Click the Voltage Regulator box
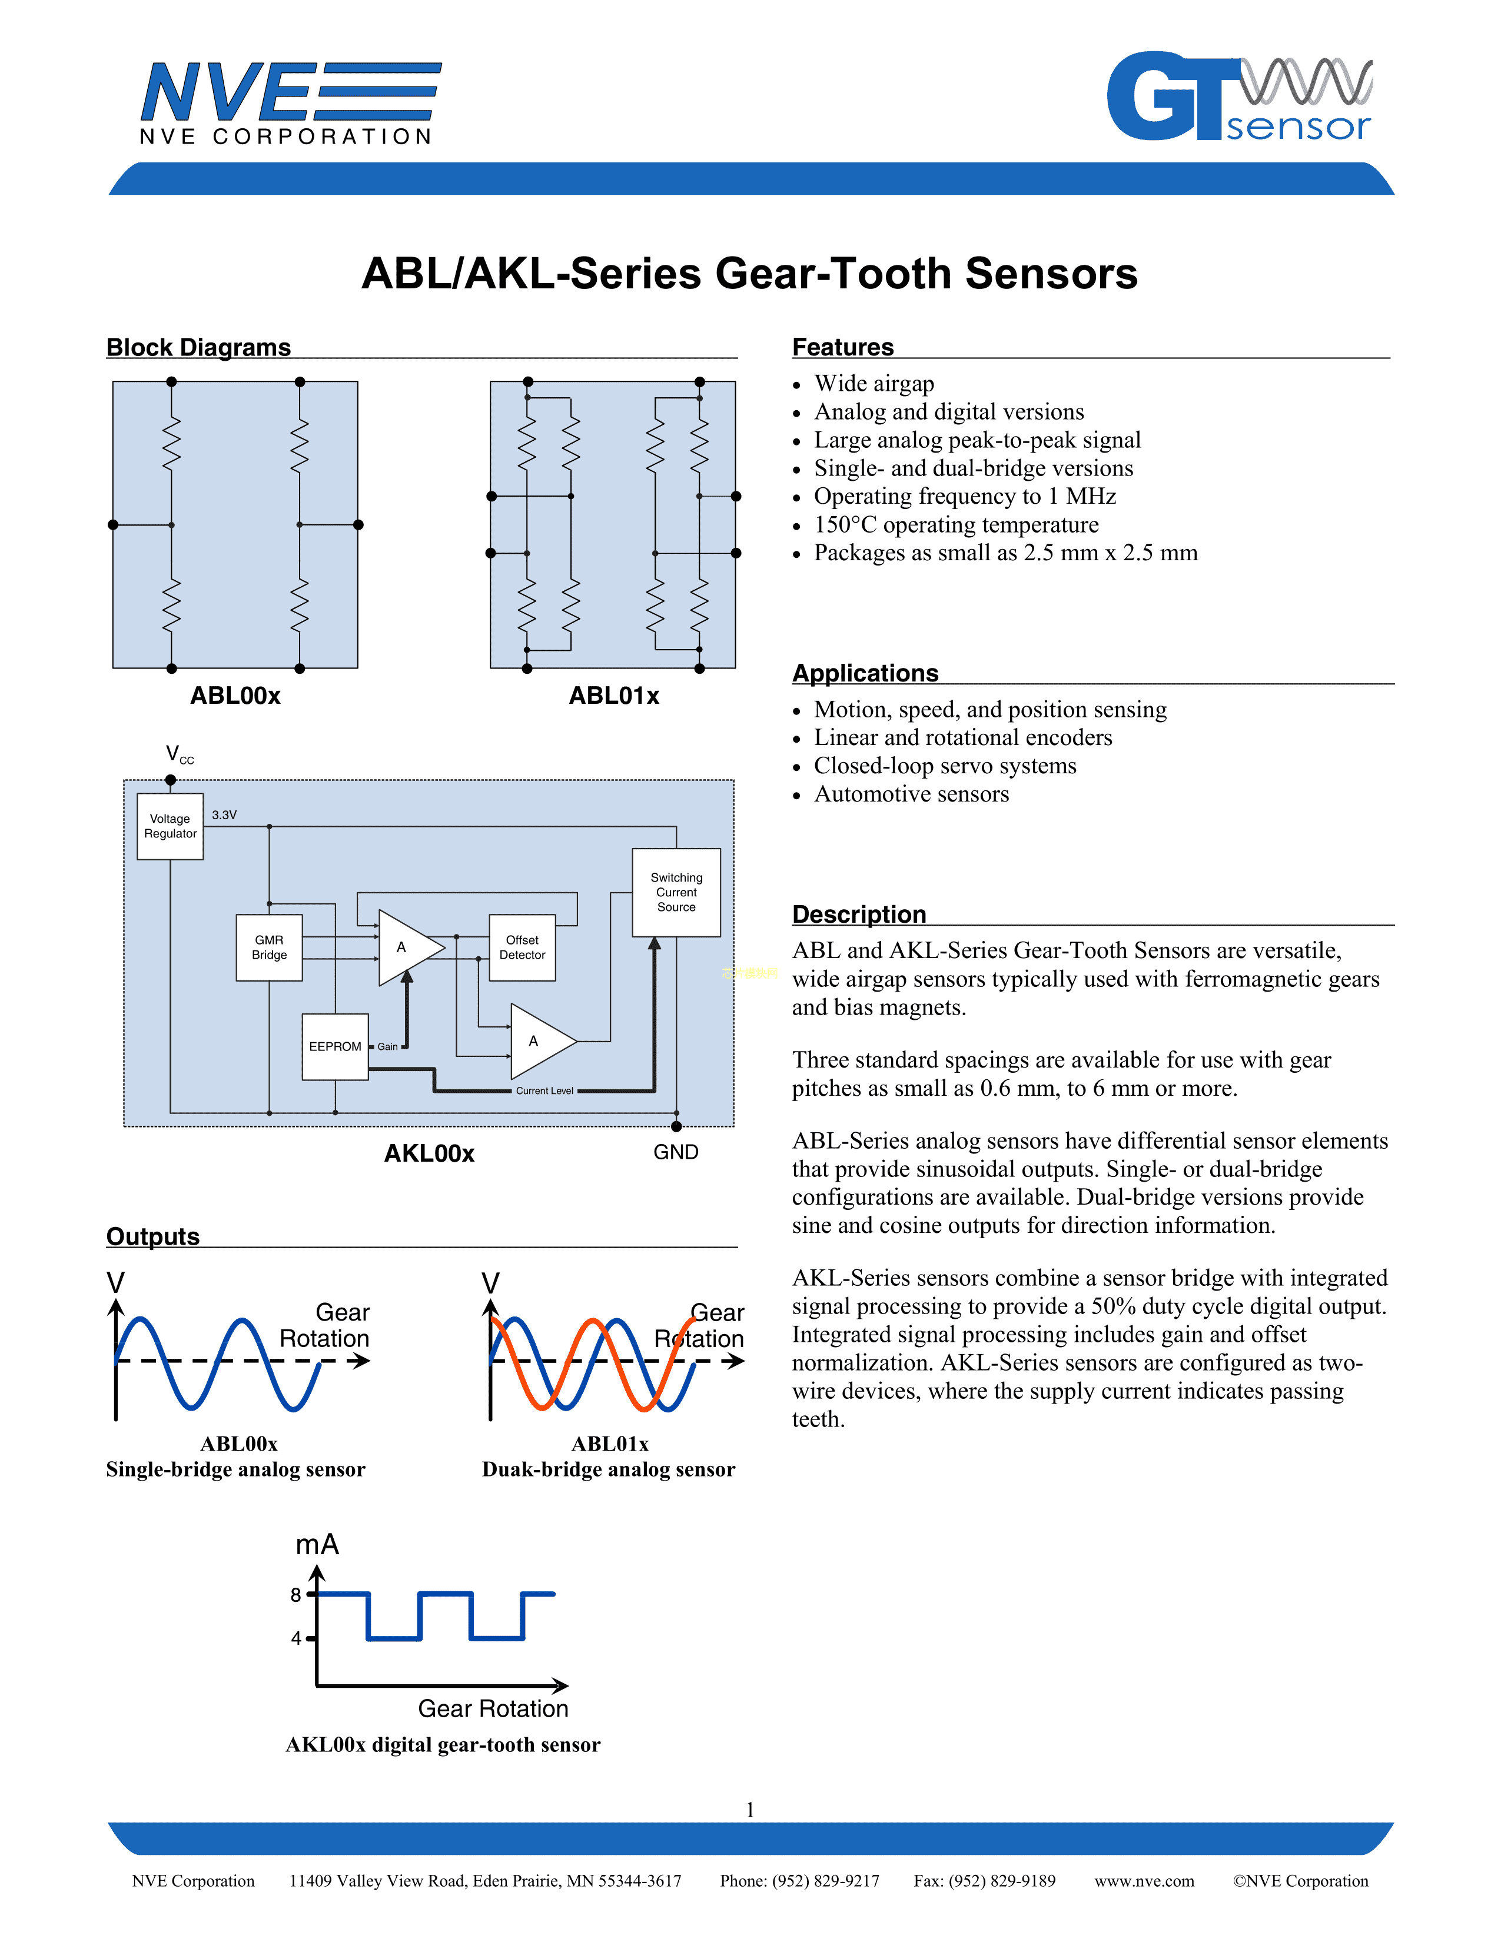point(170,826)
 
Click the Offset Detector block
point(522,947)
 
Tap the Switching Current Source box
point(676,892)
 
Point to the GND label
point(676,1152)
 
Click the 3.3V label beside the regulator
point(224,814)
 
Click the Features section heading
point(843,347)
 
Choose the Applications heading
point(865,673)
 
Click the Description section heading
point(859,914)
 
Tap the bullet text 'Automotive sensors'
point(911,794)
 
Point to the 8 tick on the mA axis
point(296,1595)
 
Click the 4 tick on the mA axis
point(296,1638)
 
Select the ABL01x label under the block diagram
point(613,696)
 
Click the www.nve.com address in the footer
point(1144,1881)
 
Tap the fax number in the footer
point(984,1881)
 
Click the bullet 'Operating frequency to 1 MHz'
point(965,496)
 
